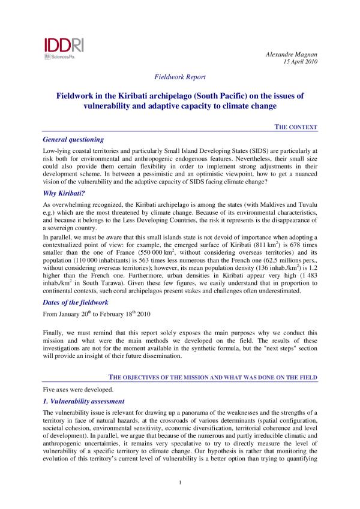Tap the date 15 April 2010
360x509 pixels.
click(x=299, y=62)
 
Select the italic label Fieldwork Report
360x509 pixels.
click(x=180, y=77)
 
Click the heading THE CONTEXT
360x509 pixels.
click(x=296, y=127)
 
